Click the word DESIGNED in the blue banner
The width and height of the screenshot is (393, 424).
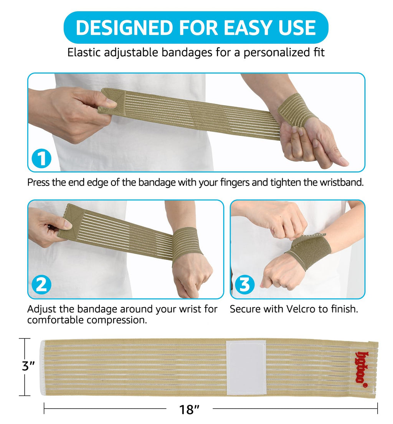click(124, 28)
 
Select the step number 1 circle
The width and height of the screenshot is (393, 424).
click(41, 158)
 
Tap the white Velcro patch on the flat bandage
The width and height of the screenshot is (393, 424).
click(246, 367)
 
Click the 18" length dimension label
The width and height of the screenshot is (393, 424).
click(189, 409)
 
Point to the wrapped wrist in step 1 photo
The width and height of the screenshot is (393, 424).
click(297, 110)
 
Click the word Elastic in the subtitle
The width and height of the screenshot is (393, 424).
click(84, 52)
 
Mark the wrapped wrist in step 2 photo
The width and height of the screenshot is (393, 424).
click(187, 244)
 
